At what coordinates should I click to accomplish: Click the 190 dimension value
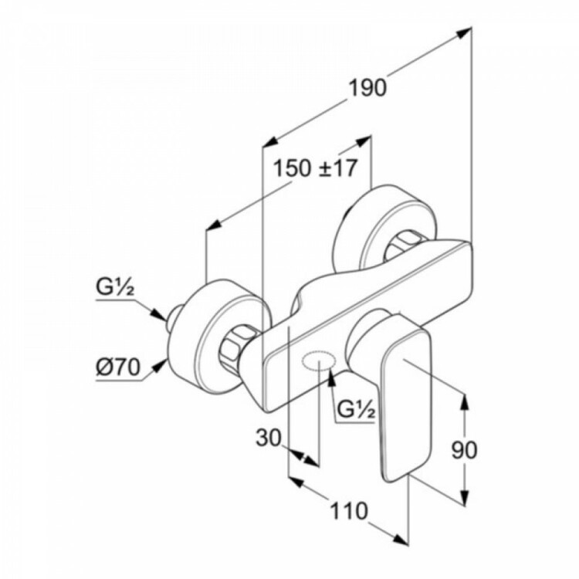click(x=367, y=89)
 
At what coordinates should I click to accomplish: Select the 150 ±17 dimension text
click(x=316, y=168)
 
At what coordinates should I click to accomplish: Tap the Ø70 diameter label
click(x=119, y=367)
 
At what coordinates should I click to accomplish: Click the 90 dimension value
click(x=464, y=449)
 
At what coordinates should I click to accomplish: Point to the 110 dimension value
click(x=349, y=511)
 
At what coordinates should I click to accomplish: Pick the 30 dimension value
click(x=269, y=438)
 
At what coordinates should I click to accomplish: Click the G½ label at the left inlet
click(x=115, y=289)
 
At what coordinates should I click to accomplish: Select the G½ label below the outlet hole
click(x=357, y=409)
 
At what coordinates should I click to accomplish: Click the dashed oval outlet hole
click(x=319, y=360)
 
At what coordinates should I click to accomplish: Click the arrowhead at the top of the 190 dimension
click(x=464, y=33)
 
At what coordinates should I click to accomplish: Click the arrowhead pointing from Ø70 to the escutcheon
click(x=160, y=366)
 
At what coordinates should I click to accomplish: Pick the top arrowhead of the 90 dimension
click(x=466, y=401)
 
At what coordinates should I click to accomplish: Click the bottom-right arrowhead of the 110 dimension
click(x=401, y=539)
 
